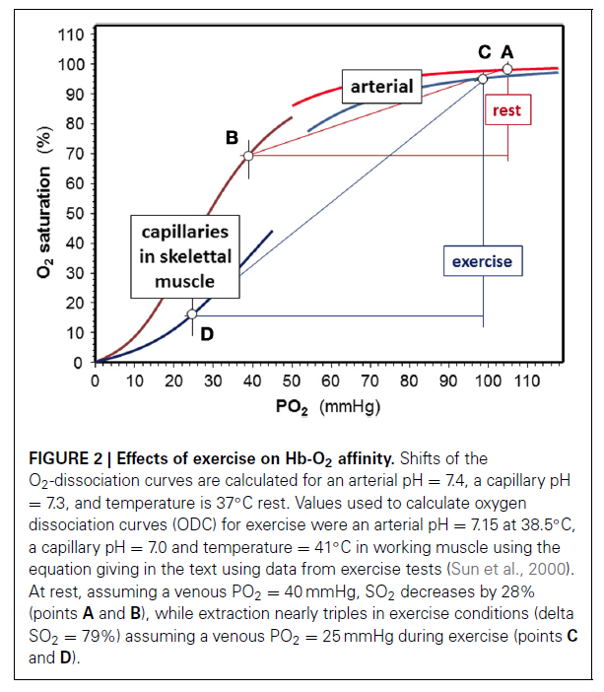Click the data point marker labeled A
tap(507, 69)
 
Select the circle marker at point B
tap(248, 156)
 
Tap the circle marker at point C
tap(483, 79)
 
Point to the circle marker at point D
tap(192, 314)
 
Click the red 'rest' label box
tap(506, 111)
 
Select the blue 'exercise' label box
tap(482, 262)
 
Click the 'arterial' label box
tap(382, 87)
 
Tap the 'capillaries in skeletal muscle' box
tap(185, 256)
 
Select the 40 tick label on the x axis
tap(251, 381)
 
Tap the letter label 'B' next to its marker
tap(232, 138)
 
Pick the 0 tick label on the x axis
tap(95, 381)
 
